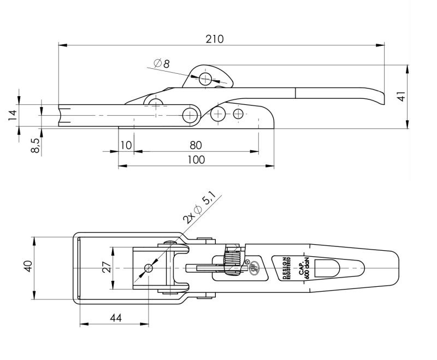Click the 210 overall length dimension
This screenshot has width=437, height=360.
[215, 39]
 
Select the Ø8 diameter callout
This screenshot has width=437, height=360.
[162, 64]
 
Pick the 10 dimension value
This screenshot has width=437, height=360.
[126, 145]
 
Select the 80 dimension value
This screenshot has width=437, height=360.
[196, 145]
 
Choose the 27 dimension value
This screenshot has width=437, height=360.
[107, 268]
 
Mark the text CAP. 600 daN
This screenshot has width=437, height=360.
[304, 268]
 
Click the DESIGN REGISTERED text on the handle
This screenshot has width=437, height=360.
[286, 268]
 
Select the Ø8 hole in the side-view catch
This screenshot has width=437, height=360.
[205, 79]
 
